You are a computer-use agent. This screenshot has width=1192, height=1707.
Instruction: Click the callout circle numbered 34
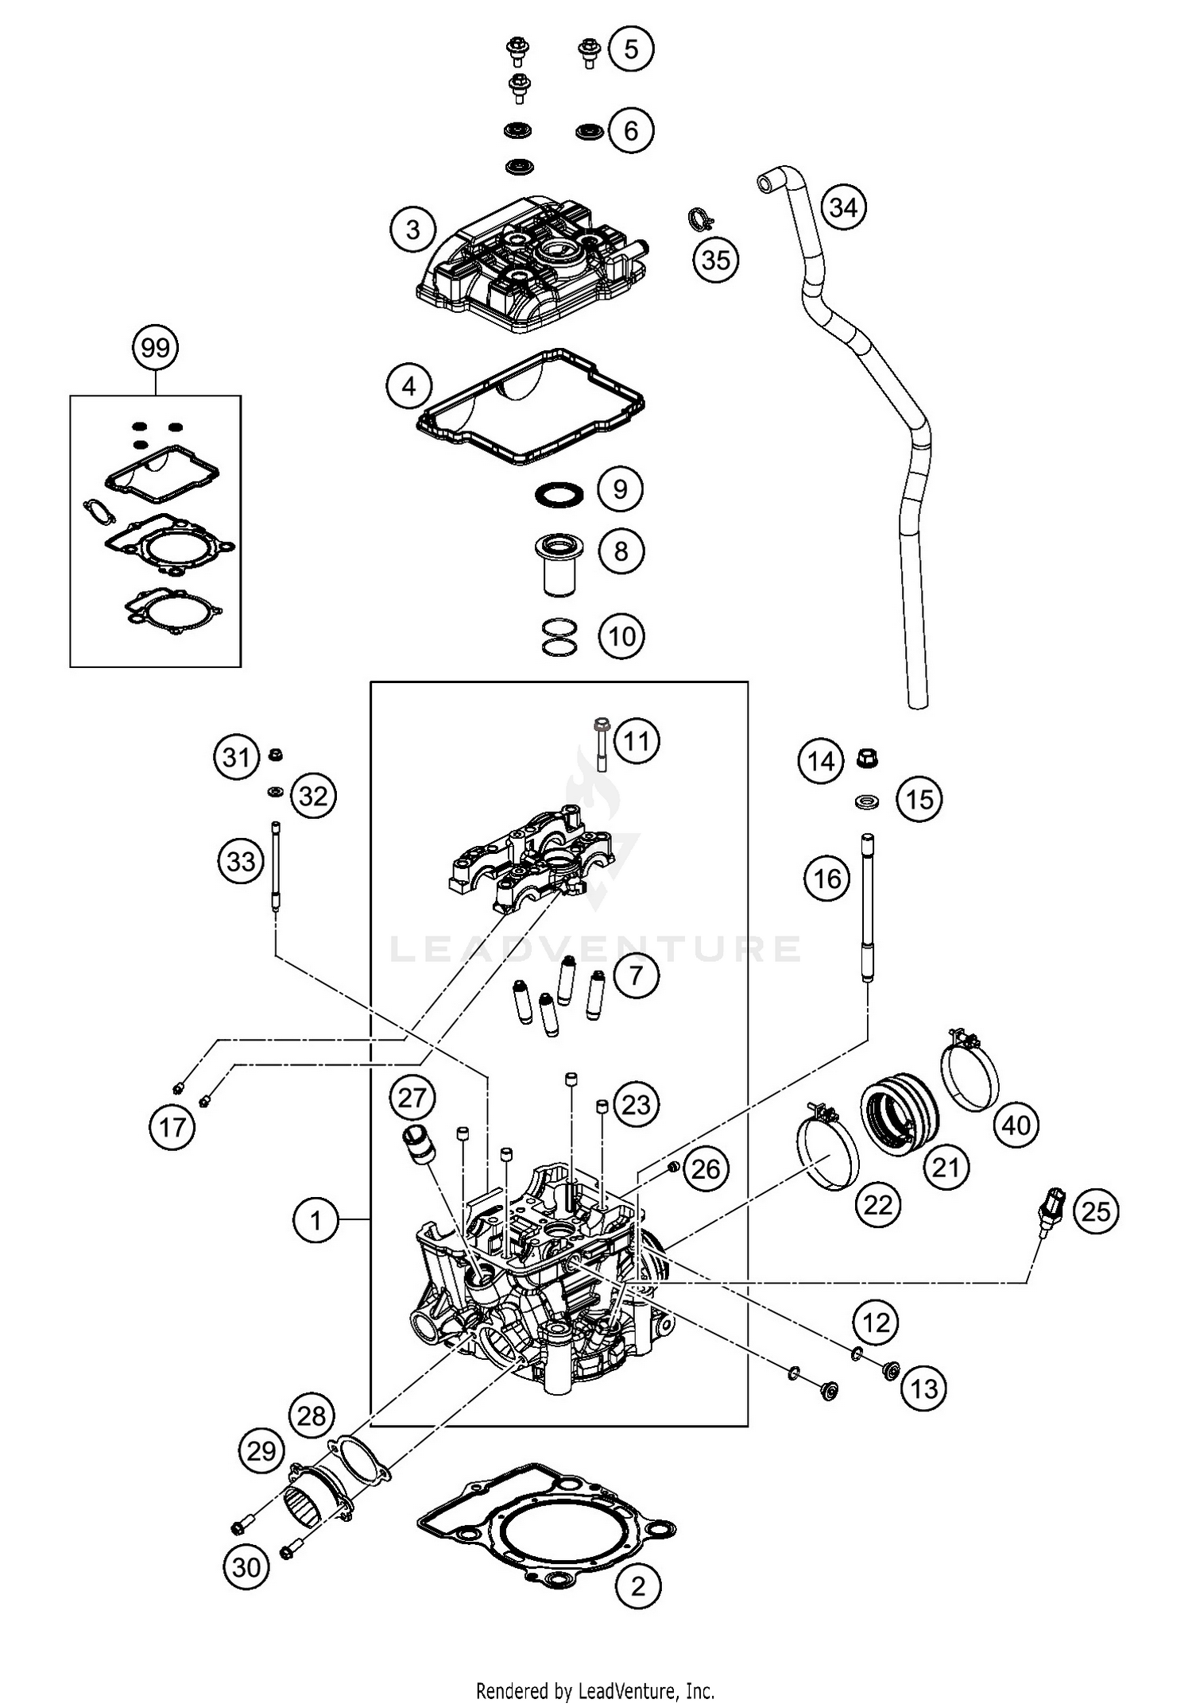tap(842, 207)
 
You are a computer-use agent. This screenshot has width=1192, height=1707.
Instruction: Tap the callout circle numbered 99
tap(155, 348)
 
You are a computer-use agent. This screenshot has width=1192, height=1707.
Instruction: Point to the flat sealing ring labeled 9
tap(559, 494)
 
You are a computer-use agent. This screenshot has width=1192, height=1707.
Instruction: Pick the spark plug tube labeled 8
tap(559, 566)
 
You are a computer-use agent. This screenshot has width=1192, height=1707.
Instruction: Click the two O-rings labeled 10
tap(559, 637)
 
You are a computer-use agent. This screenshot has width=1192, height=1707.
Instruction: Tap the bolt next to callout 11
tap(602, 744)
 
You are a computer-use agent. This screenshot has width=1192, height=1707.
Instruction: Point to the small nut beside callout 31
tap(276, 755)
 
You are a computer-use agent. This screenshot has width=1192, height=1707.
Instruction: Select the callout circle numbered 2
tap(637, 1586)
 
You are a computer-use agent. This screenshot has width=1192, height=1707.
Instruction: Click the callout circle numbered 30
tap(246, 1566)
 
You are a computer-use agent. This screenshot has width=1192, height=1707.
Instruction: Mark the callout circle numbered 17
tap(172, 1126)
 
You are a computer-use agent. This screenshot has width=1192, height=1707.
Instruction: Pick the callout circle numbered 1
tap(315, 1219)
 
